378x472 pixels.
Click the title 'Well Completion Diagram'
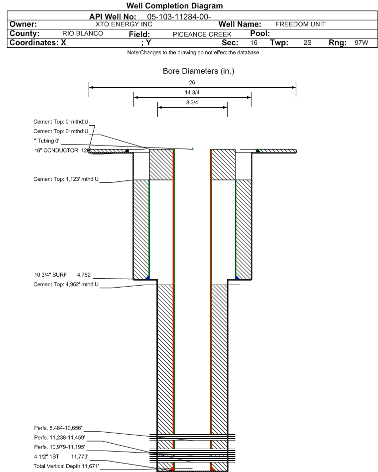click(x=174, y=5)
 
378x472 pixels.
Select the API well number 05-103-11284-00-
click(x=179, y=17)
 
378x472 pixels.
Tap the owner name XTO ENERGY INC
click(x=124, y=24)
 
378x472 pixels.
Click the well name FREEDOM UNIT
click(x=300, y=24)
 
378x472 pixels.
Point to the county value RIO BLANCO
click(x=83, y=33)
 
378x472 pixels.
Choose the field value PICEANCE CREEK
click(x=202, y=34)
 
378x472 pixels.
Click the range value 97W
click(x=361, y=42)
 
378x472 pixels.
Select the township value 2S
click(x=307, y=42)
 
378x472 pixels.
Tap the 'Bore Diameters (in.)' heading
click(x=199, y=71)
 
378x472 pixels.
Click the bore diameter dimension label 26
click(x=192, y=82)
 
